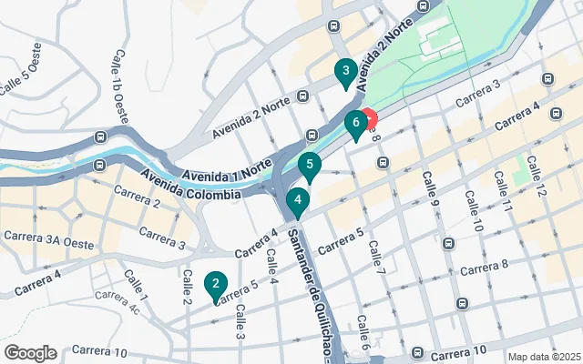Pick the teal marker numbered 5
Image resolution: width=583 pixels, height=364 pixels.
point(310,167)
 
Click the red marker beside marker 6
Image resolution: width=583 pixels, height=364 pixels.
point(370,118)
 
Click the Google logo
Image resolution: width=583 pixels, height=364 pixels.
point(30,353)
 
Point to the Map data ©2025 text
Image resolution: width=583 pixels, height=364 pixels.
point(543,357)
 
